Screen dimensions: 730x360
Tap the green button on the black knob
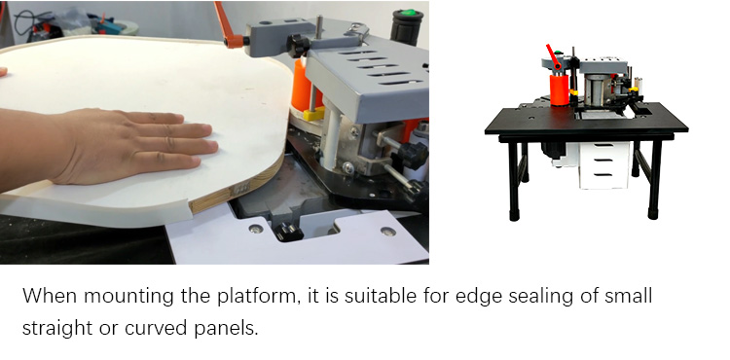point(408,12)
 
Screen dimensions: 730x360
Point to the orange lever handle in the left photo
point(228,25)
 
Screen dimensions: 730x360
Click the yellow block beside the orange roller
point(313,114)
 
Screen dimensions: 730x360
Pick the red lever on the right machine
point(553,56)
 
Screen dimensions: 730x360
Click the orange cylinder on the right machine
point(559,90)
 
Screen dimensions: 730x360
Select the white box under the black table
point(604,165)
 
